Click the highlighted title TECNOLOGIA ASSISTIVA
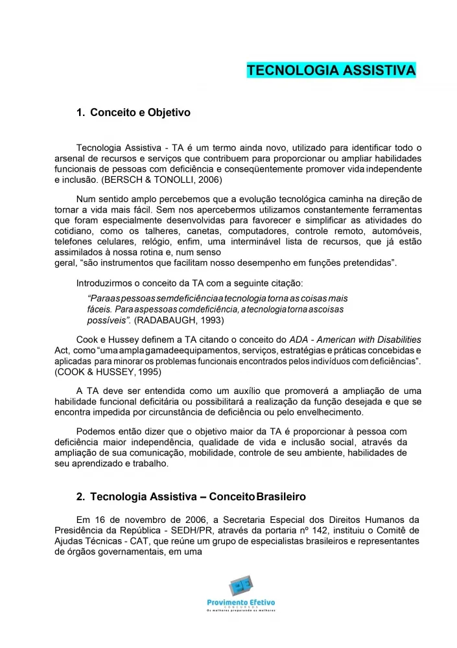[x=331, y=70]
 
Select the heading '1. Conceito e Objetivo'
[x=133, y=113]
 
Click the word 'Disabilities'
[x=397, y=340]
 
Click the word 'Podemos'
[x=95, y=432]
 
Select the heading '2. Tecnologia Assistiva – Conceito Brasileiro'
[x=191, y=496]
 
